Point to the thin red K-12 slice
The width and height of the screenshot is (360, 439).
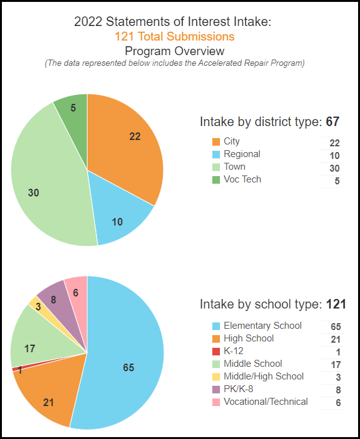coord(14,369)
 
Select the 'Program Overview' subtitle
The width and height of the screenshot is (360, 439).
coord(174,51)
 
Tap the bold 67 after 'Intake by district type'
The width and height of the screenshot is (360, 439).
coord(333,122)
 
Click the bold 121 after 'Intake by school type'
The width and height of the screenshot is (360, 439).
coord(335,304)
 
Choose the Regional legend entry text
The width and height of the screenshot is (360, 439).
coord(242,154)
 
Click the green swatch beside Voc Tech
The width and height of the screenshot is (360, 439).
coord(216,180)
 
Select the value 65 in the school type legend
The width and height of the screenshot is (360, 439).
coord(335,326)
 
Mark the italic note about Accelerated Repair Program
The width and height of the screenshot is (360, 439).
coord(174,63)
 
